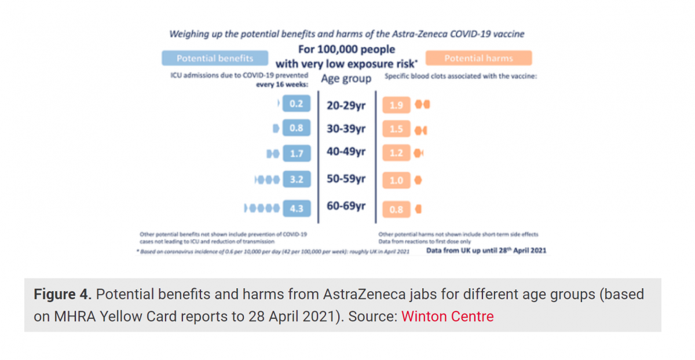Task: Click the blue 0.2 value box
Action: pos(297,104)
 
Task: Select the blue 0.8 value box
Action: pos(297,128)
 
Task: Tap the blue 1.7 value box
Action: pos(297,153)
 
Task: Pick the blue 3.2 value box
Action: pos(297,180)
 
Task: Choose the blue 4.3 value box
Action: pos(297,208)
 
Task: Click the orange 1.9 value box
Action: pos(396,105)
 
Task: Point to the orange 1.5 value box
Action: pos(396,129)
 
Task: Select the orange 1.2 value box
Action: pos(396,153)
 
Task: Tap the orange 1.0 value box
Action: pos(396,181)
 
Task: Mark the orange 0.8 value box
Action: pos(396,209)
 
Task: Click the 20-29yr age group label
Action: pos(346,105)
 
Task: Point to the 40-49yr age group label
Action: pos(346,152)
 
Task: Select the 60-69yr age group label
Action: pos(346,206)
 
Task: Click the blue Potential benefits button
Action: pos(215,58)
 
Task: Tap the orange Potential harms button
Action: pos(478,58)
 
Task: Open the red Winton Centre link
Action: pos(447,317)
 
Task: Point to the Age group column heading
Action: pos(346,78)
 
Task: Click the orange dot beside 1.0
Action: pos(418,181)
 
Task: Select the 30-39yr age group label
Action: pos(346,128)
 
